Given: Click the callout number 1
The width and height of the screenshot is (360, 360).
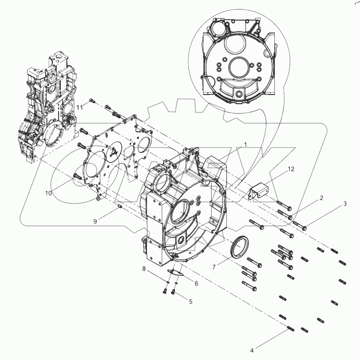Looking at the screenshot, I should (245, 144).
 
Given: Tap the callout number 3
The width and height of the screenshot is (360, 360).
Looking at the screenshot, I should (345, 204).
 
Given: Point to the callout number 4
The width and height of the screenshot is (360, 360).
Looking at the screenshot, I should (252, 350).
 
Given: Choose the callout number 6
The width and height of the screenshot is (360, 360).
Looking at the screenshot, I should (196, 284).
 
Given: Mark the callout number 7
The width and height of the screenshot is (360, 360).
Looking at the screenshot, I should (214, 267).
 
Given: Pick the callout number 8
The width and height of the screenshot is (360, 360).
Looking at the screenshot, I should (143, 268).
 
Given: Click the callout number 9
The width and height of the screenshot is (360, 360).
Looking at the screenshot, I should (95, 221).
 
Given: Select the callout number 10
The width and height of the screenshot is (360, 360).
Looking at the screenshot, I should (48, 193).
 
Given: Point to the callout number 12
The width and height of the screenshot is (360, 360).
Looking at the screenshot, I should (291, 169).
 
